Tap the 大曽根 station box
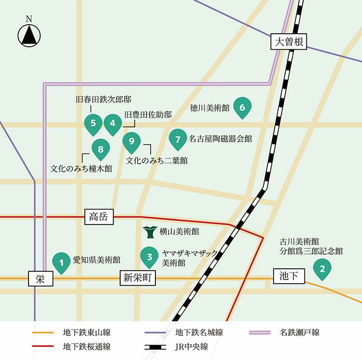[x=288, y=42]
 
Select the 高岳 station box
[x=99, y=217]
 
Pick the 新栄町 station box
[x=138, y=278]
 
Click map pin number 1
[x=61, y=262]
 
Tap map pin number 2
[x=322, y=268]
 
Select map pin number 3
[x=150, y=257]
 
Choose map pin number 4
[x=112, y=123]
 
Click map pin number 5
[x=93, y=123]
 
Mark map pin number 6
[x=242, y=107]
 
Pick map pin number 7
[x=178, y=139]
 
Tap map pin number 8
[x=100, y=149]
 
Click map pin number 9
[x=131, y=141]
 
